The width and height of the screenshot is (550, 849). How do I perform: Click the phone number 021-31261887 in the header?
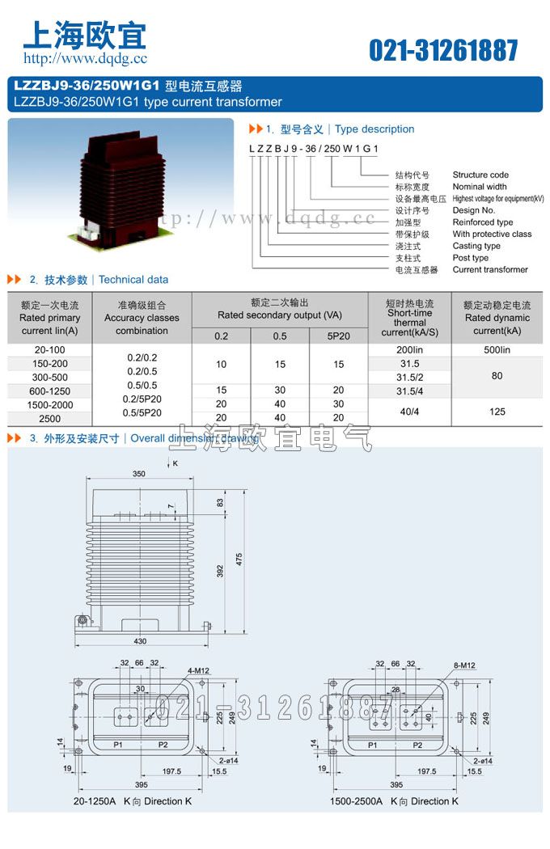443,50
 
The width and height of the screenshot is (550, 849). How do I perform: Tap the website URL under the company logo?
85,58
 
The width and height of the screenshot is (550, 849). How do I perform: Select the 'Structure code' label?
480,175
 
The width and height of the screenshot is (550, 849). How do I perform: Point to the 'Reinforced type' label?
482,222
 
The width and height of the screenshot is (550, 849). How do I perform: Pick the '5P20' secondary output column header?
338,336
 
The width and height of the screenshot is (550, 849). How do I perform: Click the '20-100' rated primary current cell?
50,350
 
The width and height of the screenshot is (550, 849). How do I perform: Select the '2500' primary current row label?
50,419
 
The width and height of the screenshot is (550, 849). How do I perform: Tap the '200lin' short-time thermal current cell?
409,350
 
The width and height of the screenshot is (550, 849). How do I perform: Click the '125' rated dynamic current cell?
497,412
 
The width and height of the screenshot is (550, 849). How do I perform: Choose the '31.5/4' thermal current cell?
409,391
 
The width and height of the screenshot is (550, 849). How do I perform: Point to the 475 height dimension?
239,559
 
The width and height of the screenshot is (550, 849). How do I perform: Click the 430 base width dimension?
141,641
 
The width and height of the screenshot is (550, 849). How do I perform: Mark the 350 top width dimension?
140,473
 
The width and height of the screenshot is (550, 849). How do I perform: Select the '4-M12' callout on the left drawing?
198,670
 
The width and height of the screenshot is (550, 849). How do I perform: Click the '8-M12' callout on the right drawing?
464,665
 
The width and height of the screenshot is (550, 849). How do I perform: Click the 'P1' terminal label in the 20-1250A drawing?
118,744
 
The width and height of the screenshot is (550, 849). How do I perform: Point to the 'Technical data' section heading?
133,280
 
